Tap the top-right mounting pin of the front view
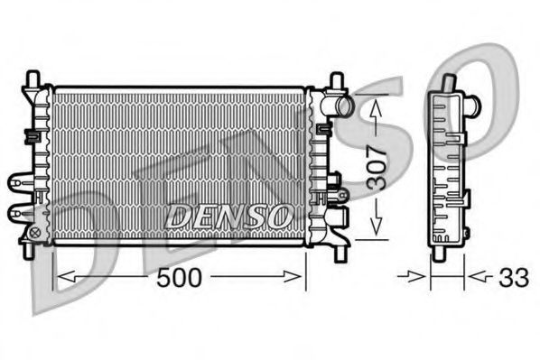point(337,81)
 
